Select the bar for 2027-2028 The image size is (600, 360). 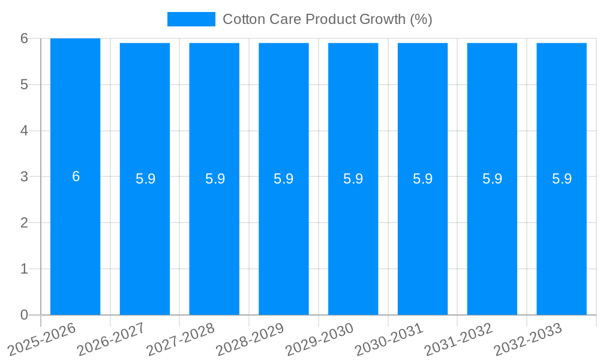point(214,240)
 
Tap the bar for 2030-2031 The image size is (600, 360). point(422,240)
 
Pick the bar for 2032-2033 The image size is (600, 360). point(562,240)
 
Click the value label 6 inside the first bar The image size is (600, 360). point(76,176)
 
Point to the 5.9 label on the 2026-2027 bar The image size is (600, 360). point(145,179)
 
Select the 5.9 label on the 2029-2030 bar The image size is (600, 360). point(353,179)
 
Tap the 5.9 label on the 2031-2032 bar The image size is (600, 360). point(492,179)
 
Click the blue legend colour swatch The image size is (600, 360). point(191,19)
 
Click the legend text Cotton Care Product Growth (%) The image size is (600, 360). point(327,19)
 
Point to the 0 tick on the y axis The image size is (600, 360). point(24,315)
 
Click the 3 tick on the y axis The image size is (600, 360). point(24,176)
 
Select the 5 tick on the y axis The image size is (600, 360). point(24,85)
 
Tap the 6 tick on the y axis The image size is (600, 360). point(24,38)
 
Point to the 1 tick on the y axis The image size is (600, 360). point(24,269)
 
